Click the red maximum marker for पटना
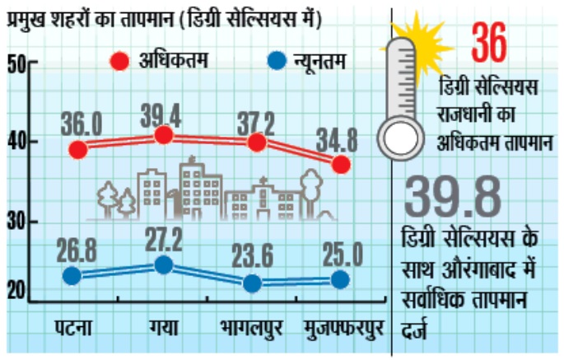pyautogui.click(x=78, y=149)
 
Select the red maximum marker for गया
pyautogui.click(x=164, y=135)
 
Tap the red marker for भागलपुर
pyautogui.click(x=256, y=142)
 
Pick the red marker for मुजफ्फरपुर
pyautogui.click(x=341, y=164)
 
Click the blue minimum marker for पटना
pyautogui.click(x=72, y=276)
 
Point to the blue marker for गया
pyautogui.click(x=164, y=264)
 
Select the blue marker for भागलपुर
pyautogui.click(x=253, y=283)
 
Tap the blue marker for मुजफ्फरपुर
pyautogui.click(x=339, y=280)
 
